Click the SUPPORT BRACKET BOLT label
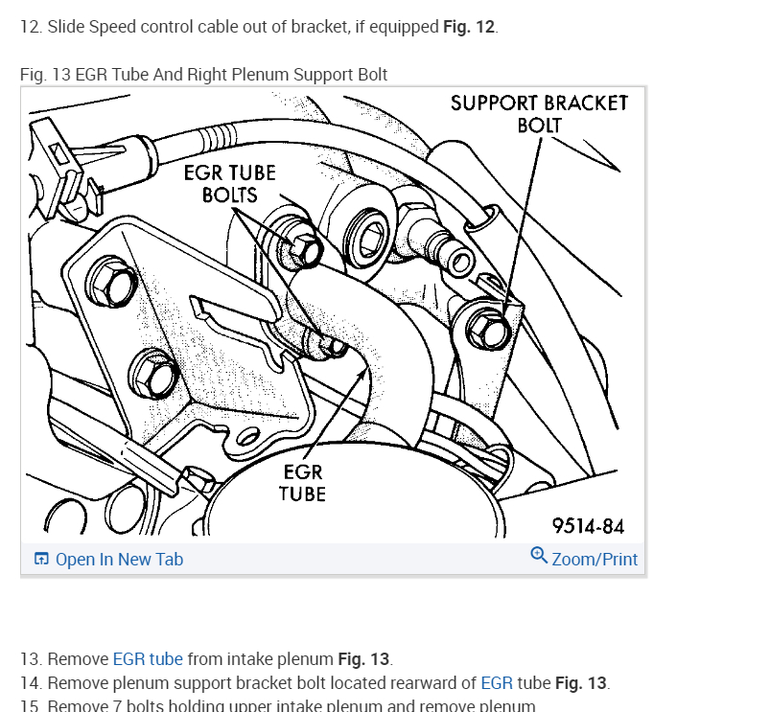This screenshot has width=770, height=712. [x=539, y=114]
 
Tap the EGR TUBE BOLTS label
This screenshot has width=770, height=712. [x=230, y=183]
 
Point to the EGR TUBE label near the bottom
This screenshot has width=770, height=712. [x=303, y=483]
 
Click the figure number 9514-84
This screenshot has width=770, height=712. [x=588, y=526]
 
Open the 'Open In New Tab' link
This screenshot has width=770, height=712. [x=119, y=560]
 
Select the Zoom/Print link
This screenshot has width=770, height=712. [x=595, y=560]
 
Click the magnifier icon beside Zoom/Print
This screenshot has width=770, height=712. [x=539, y=556]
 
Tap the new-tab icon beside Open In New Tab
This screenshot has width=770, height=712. [x=41, y=560]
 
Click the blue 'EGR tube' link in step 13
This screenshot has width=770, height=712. [x=148, y=659]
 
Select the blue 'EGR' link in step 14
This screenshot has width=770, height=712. [x=496, y=683]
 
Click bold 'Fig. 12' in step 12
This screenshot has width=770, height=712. [x=469, y=27]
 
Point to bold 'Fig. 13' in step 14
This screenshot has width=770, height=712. [x=581, y=683]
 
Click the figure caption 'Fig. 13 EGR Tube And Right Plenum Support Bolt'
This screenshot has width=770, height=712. [x=203, y=75]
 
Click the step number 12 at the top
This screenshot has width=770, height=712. [x=31, y=27]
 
